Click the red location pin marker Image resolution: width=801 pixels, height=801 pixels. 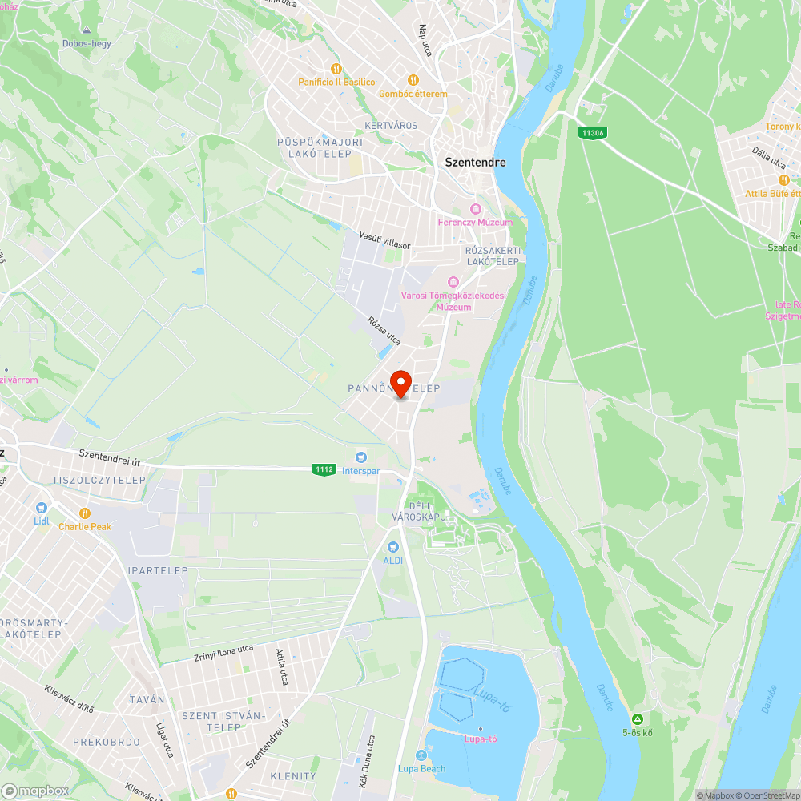(400, 382)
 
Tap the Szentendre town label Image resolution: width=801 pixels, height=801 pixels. (475, 162)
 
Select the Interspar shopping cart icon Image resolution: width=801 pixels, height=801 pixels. (361, 457)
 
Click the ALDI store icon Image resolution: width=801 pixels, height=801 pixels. (392, 546)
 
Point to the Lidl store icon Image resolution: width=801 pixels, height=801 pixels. (42, 507)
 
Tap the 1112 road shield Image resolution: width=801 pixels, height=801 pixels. (324, 469)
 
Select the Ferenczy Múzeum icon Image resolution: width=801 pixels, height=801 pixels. (476, 209)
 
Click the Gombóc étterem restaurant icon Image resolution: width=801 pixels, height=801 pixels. (413, 80)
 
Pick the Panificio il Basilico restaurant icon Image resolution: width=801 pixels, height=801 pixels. (336, 69)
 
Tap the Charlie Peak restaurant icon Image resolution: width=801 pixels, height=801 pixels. (85, 513)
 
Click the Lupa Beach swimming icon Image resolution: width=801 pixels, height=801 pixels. (421, 755)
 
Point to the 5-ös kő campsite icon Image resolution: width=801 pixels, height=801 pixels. (637, 718)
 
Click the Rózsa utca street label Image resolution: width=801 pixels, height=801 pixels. (384, 331)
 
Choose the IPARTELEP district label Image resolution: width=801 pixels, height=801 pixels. (158, 571)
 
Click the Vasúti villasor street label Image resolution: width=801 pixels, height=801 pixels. (384, 239)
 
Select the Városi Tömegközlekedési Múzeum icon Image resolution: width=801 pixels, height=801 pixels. (453, 281)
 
